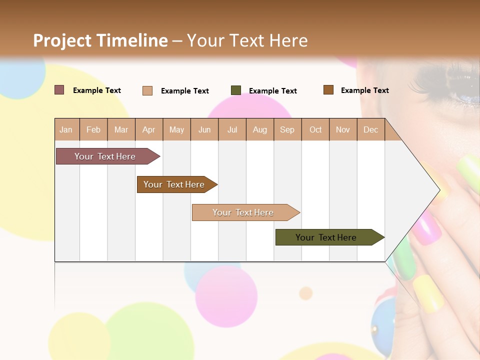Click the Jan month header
66,129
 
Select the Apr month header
148,129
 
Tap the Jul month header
232,129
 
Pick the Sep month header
287,129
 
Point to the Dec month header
370,129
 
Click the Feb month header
93,129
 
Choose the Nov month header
342,129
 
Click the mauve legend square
59,90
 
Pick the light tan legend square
147,90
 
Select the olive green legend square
235,90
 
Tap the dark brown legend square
328,90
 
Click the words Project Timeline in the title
100,40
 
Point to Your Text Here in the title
247,40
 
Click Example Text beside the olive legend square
272,91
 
